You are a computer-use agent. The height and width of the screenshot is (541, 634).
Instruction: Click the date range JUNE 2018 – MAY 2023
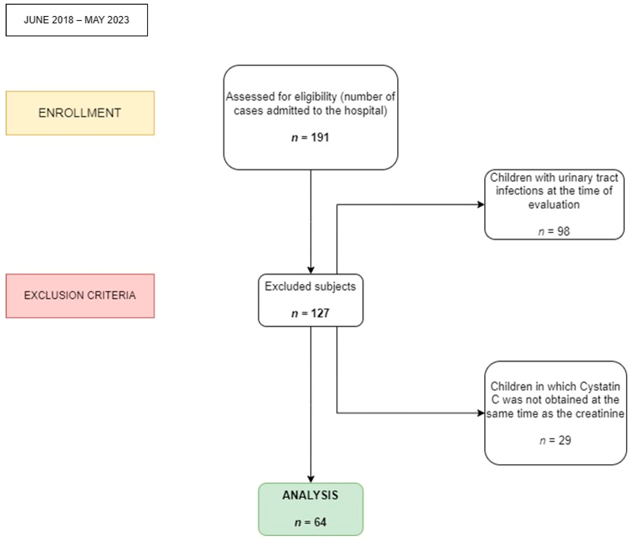pyautogui.click(x=76, y=20)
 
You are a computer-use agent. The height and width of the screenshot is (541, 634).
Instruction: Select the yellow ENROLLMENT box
pyautogui.click(x=80, y=113)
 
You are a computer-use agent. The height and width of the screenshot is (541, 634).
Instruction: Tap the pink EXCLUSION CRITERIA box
pyautogui.click(x=80, y=295)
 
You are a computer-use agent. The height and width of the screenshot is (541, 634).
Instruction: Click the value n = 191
pyautogui.click(x=310, y=137)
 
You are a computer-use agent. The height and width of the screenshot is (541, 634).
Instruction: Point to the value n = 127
pyautogui.click(x=310, y=313)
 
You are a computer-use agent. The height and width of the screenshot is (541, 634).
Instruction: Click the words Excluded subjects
pyautogui.click(x=310, y=286)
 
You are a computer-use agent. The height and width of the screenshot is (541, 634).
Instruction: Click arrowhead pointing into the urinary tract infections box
pyautogui.click(x=481, y=204)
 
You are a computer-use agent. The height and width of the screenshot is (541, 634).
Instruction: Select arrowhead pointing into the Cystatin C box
pyautogui.click(x=481, y=413)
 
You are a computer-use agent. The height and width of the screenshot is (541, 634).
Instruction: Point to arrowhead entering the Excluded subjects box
pyautogui.click(x=311, y=270)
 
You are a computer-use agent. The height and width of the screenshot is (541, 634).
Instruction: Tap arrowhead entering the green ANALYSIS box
pyautogui.click(x=311, y=479)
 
